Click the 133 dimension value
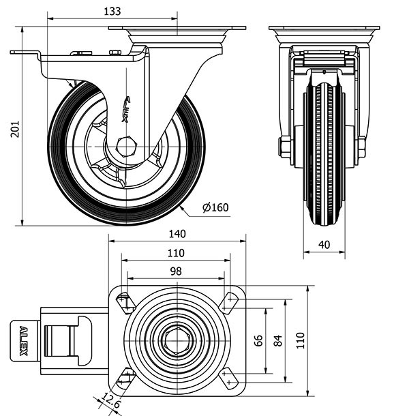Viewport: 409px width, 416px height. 114,11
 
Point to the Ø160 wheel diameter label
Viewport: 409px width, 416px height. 216,207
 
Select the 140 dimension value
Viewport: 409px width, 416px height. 177,234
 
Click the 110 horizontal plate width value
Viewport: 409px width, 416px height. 177,252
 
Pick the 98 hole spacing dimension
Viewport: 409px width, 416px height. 176,271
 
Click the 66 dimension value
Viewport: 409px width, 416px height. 258,340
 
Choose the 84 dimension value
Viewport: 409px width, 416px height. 277,340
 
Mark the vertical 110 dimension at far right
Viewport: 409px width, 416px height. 300,340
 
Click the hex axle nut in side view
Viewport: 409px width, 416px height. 126,146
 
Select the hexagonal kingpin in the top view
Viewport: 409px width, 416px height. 176,339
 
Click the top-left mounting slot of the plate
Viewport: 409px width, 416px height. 124,302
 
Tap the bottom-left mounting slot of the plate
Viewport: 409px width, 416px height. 125,376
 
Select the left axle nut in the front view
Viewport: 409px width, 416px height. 284,147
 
